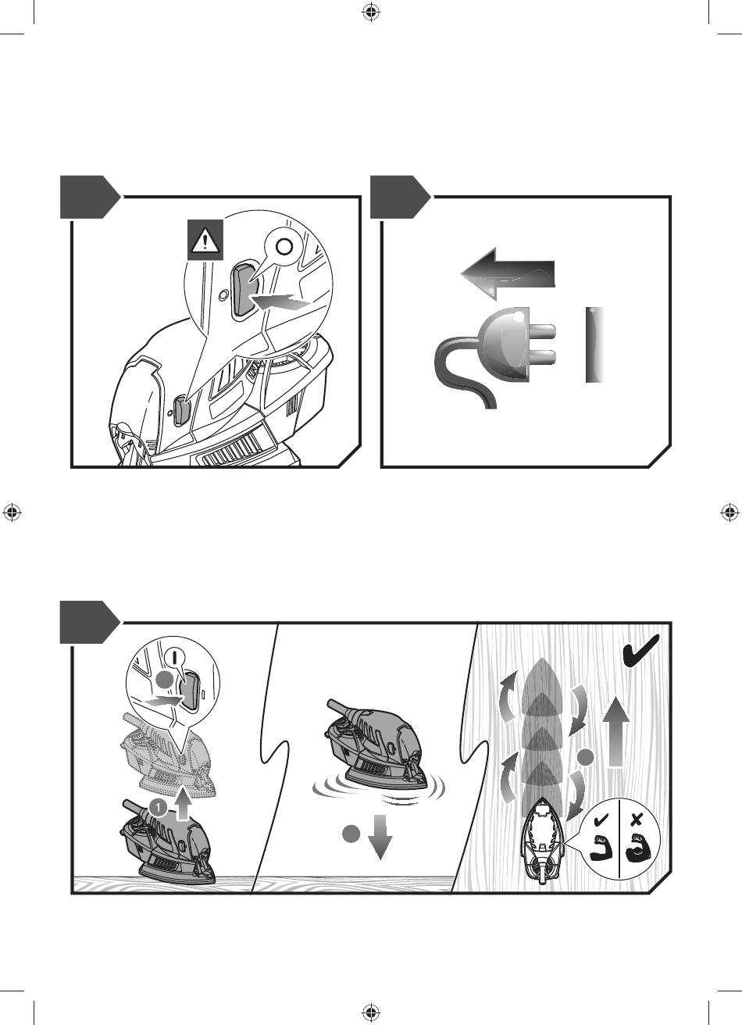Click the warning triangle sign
coord(205,240)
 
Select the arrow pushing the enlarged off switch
coord(281,302)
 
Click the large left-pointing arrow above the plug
coord(508,274)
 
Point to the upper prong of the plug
coord(541,330)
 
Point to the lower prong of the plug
coord(541,356)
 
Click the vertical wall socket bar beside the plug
coord(594,345)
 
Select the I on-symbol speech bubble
coord(176,659)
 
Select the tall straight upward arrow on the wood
coord(616,732)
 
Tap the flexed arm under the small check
coord(600,848)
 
